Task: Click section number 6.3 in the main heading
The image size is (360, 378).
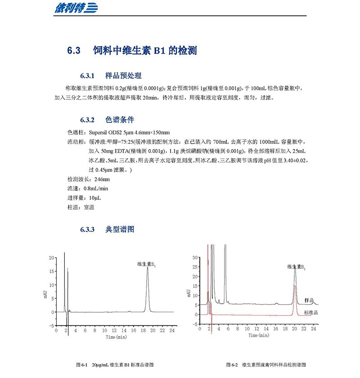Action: click(x=73, y=51)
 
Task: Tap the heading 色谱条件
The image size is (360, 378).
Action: click(x=120, y=120)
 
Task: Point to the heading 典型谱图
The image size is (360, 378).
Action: click(x=120, y=229)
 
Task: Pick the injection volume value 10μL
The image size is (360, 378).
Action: click(x=95, y=198)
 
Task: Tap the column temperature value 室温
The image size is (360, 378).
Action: click(x=89, y=207)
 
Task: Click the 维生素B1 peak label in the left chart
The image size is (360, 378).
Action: click(x=146, y=265)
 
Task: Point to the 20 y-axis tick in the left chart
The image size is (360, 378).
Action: click(x=52, y=258)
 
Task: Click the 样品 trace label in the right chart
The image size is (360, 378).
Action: click(x=309, y=300)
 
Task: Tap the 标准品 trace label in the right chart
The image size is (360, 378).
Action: click(x=311, y=312)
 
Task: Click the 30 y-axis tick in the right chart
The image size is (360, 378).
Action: click(x=194, y=257)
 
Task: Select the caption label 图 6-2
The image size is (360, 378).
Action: click(x=233, y=364)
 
